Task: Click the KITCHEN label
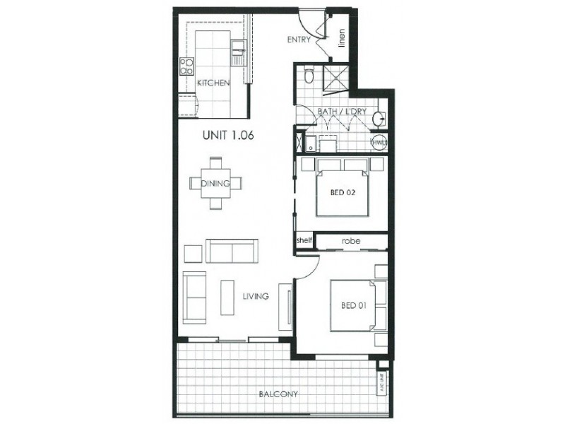(x=213, y=83)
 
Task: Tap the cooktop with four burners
(x=187, y=66)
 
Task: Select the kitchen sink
(x=238, y=47)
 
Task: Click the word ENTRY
(x=299, y=40)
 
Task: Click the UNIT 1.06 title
(x=228, y=136)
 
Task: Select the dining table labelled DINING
(x=215, y=183)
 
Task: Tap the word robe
(x=351, y=241)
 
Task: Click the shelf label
(x=304, y=241)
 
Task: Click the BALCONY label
(x=277, y=394)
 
